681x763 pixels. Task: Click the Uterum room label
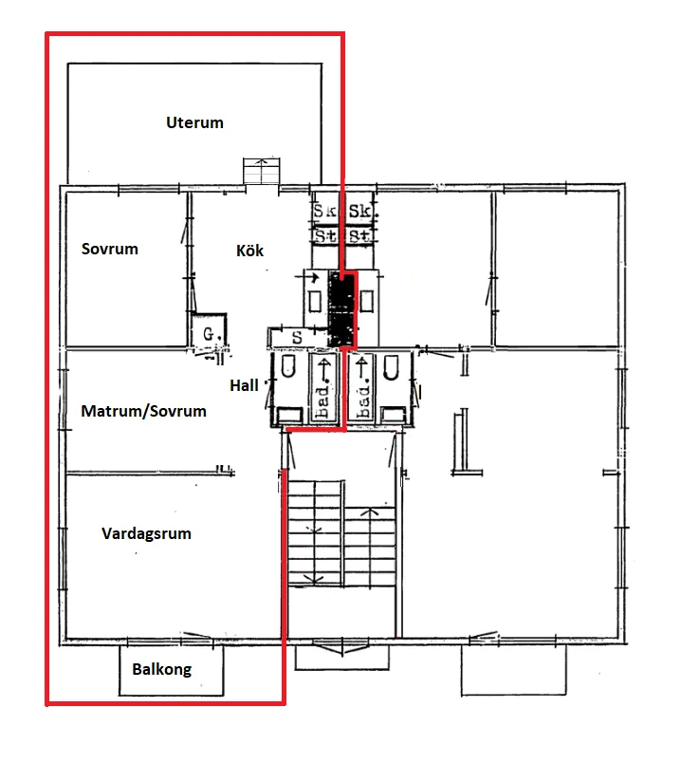[194, 122]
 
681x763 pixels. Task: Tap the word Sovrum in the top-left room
[110, 249]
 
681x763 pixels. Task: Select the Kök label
[250, 251]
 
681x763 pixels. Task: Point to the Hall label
[244, 385]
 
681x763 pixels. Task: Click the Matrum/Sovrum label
[143, 411]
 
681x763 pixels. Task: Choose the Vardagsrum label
[146, 533]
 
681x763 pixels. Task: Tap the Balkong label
[162, 670]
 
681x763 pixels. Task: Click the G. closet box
[209, 330]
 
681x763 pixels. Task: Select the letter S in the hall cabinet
[297, 337]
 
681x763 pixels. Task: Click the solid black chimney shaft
[342, 309]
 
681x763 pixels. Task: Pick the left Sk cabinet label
[324, 211]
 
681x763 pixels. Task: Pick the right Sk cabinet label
[360, 211]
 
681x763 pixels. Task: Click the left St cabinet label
[325, 236]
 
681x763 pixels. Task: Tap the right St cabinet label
[360, 236]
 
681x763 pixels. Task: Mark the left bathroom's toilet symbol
[288, 366]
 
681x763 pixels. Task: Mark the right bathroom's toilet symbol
[391, 367]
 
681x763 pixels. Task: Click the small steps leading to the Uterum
[262, 171]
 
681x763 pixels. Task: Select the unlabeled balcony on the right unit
[514, 670]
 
